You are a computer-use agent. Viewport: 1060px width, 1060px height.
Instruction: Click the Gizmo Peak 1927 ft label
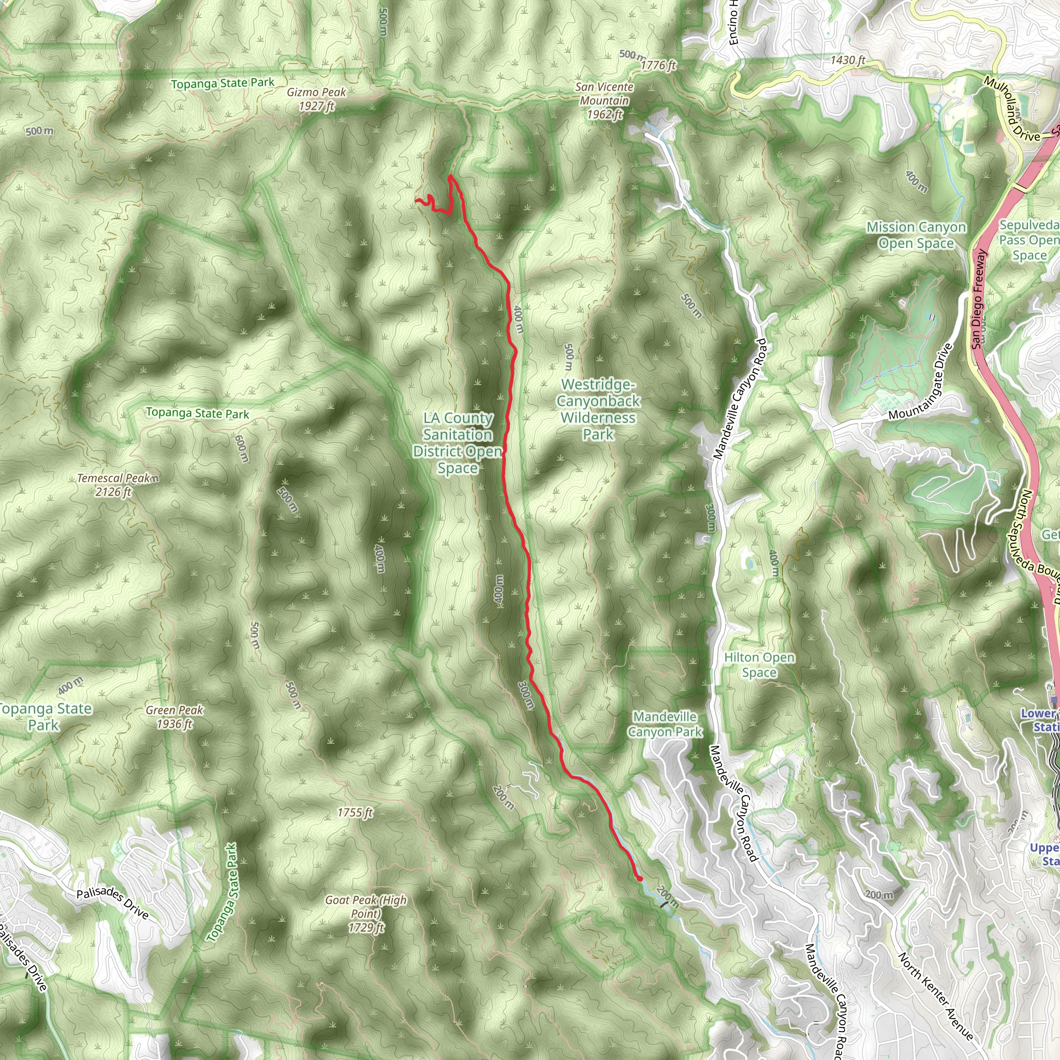pos(317,99)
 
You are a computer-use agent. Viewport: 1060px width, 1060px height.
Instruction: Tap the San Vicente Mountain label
pos(604,101)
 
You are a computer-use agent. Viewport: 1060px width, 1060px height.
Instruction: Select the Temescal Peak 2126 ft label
pos(113,485)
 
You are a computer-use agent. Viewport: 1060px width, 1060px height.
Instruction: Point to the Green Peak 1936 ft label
pos(174,717)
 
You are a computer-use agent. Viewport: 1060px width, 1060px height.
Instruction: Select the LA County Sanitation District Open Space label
pos(458,443)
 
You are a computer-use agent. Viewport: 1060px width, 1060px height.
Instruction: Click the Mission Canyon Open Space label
pos(916,235)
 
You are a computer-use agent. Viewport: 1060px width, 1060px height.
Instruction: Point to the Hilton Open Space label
pos(759,665)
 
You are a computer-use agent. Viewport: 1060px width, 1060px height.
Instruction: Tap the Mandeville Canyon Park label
pos(665,724)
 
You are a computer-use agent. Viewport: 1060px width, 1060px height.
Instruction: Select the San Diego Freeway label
pos(979,300)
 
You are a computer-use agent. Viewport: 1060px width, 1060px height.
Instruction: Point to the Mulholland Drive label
pos(1012,110)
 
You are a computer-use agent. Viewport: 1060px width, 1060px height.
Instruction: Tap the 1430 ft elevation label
pos(848,60)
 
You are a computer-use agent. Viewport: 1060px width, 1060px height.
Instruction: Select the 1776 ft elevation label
pos(658,65)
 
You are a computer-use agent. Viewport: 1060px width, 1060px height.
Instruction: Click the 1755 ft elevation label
pos(355,813)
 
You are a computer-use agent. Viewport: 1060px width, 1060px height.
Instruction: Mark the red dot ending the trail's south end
pos(640,879)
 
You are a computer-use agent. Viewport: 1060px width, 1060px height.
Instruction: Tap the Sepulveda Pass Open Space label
pos(1029,240)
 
